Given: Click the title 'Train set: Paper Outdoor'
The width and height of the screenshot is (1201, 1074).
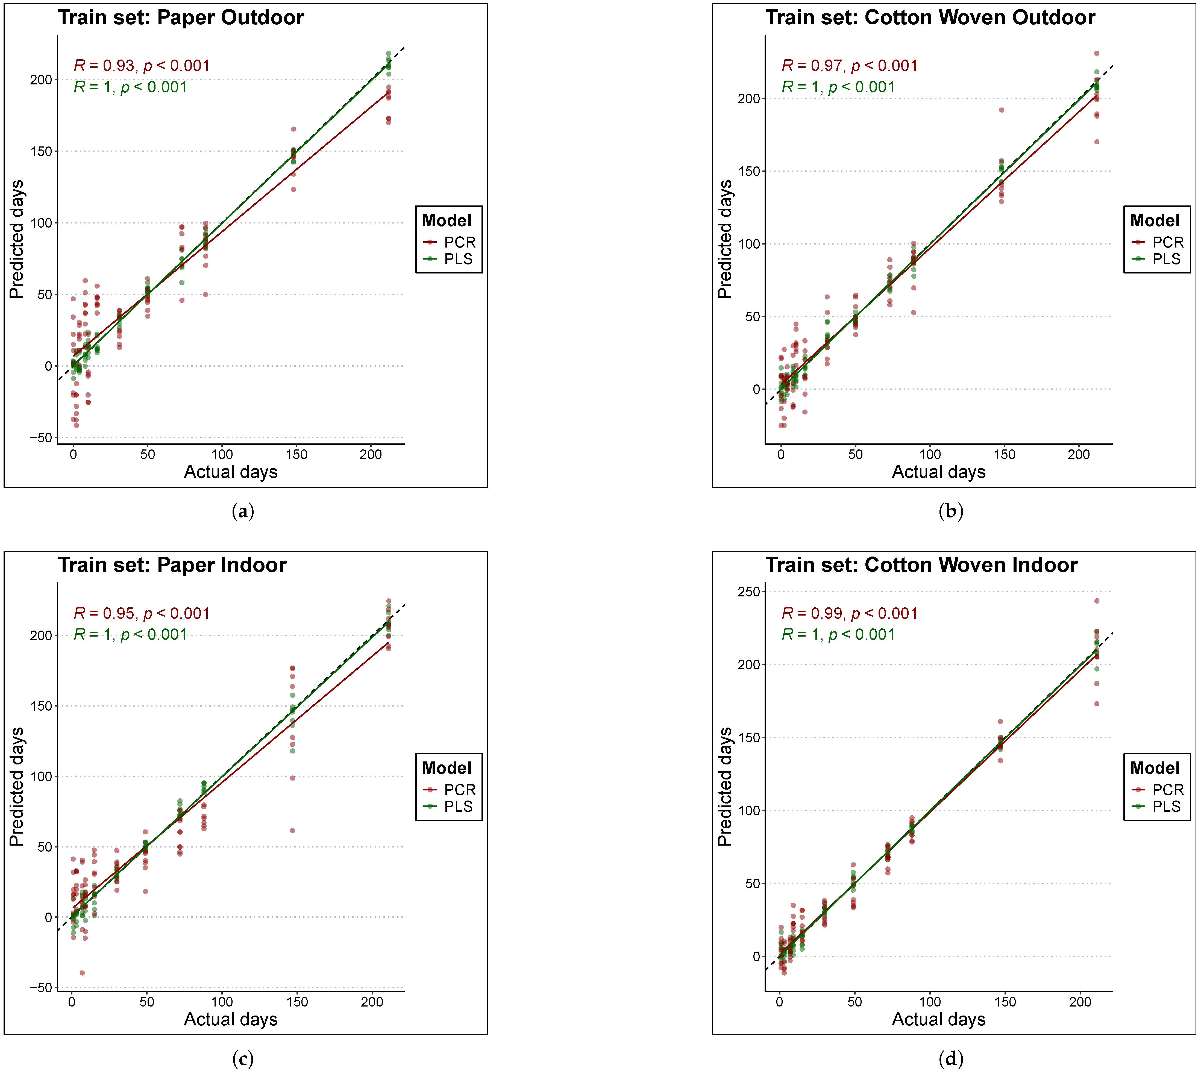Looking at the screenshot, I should click(x=181, y=18).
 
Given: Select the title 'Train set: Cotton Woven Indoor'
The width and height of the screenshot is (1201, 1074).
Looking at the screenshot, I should click(x=921, y=565).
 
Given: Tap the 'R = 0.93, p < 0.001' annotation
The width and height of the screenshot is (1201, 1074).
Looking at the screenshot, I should click(x=142, y=66).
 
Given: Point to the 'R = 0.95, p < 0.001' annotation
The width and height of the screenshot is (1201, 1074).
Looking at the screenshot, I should click(x=142, y=614).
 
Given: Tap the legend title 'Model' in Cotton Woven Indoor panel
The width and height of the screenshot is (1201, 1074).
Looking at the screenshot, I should click(x=1154, y=768).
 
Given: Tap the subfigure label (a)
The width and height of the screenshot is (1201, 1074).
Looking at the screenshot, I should click(x=243, y=511).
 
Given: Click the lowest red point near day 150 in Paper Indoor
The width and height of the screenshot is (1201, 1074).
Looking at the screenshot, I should click(x=292, y=831).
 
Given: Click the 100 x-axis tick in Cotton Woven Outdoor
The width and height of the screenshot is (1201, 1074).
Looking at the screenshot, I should click(x=930, y=454).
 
